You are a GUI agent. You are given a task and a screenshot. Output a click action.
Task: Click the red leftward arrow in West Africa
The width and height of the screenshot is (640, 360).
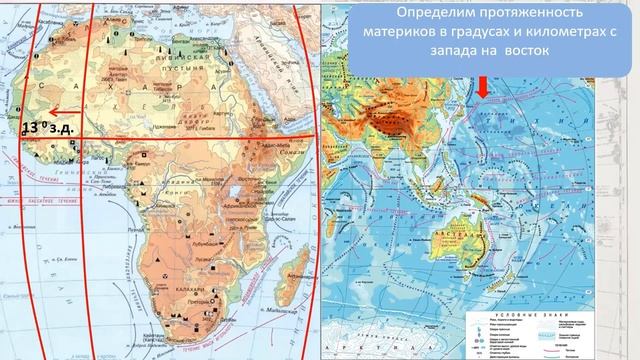(66, 112)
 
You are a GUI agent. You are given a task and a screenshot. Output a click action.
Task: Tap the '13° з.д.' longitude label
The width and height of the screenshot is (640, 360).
(48, 128)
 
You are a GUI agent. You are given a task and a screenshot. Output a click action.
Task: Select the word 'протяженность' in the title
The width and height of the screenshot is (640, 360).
(541, 14)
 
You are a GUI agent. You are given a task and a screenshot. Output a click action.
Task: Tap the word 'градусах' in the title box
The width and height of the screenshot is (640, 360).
(464, 32)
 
